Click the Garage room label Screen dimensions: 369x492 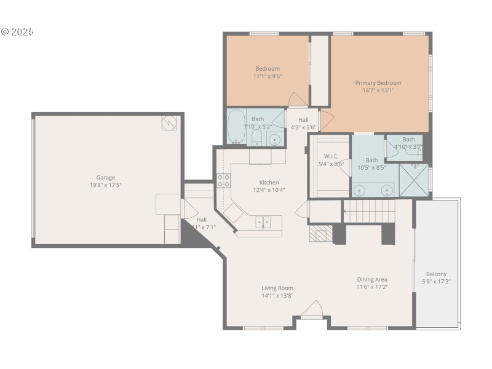click(x=105, y=177)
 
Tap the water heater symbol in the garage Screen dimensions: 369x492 click(x=169, y=123)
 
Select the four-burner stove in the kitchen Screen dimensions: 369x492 click(x=223, y=180)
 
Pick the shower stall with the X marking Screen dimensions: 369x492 click(x=414, y=179)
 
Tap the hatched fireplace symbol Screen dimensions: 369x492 click(x=320, y=233)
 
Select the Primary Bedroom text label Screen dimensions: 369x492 click(x=378, y=83)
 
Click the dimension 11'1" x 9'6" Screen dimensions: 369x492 click(x=268, y=76)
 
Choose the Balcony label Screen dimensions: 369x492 click(x=436, y=274)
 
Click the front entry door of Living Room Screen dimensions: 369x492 click(x=312, y=311)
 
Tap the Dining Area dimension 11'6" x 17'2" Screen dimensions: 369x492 click(x=372, y=287)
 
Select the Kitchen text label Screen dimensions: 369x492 click(x=269, y=183)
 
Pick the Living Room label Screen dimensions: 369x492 click(x=277, y=288)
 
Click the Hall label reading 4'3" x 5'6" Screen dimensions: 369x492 click(x=303, y=127)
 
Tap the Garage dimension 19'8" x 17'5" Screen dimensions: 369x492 click(x=105, y=185)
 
